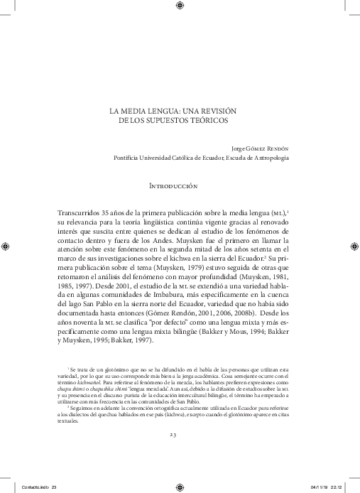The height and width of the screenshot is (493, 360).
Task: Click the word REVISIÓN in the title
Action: tap(217, 112)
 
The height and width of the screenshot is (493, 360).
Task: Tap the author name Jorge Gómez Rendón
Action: tap(261, 148)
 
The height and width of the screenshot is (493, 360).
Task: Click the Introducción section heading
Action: tap(173, 185)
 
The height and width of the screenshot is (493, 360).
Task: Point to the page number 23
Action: tap(173, 434)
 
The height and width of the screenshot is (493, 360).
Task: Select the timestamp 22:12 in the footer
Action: tap(337, 486)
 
